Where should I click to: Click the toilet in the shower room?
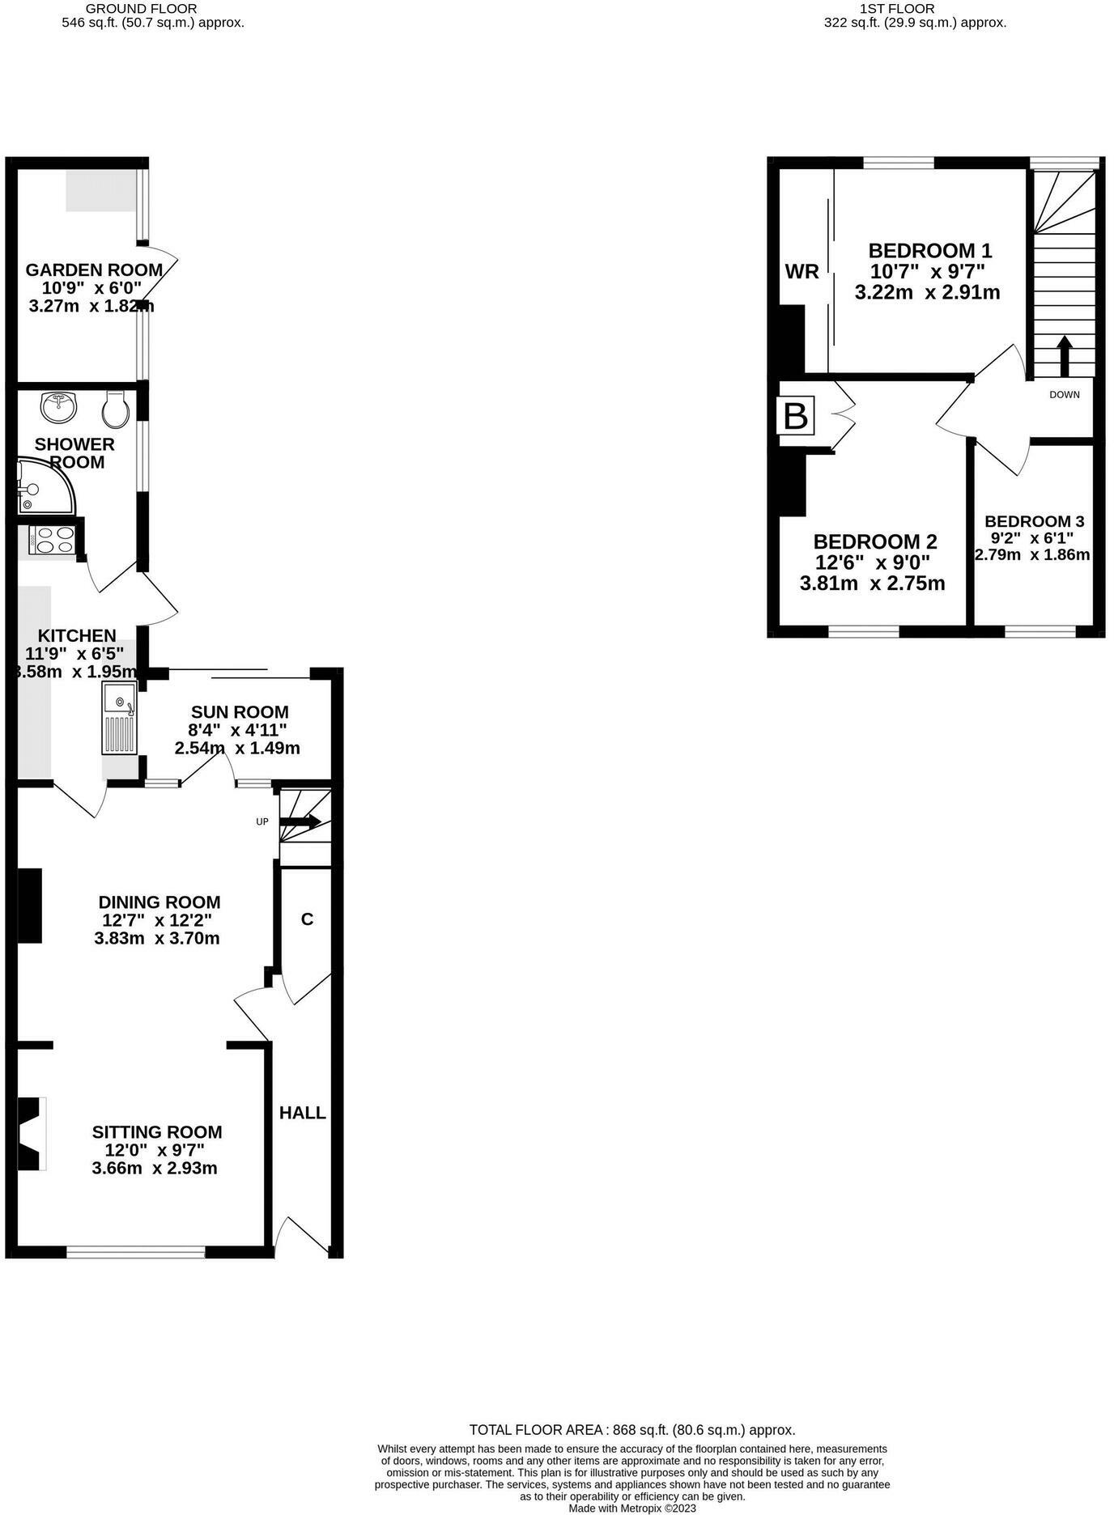click(x=116, y=410)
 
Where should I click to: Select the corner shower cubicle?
click(x=45, y=486)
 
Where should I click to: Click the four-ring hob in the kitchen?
click(x=53, y=540)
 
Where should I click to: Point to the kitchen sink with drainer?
click(x=120, y=717)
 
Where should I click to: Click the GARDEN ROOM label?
click(x=94, y=269)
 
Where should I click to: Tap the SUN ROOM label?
click(x=240, y=712)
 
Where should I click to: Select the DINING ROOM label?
click(x=159, y=902)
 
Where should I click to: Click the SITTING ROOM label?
click(x=157, y=1131)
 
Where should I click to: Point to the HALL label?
click(x=303, y=1113)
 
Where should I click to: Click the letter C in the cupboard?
click(x=307, y=919)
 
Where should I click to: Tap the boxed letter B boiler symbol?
click(x=796, y=416)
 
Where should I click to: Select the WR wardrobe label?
click(x=802, y=272)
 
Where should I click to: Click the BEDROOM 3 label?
click(x=1035, y=521)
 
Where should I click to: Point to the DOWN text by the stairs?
click(x=1065, y=395)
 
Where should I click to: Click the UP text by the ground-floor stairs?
click(x=262, y=821)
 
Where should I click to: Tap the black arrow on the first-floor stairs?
click(x=1064, y=356)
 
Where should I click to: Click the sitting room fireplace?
click(x=31, y=1133)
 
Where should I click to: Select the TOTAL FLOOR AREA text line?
click(x=632, y=1430)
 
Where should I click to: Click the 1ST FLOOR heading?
click(x=915, y=8)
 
